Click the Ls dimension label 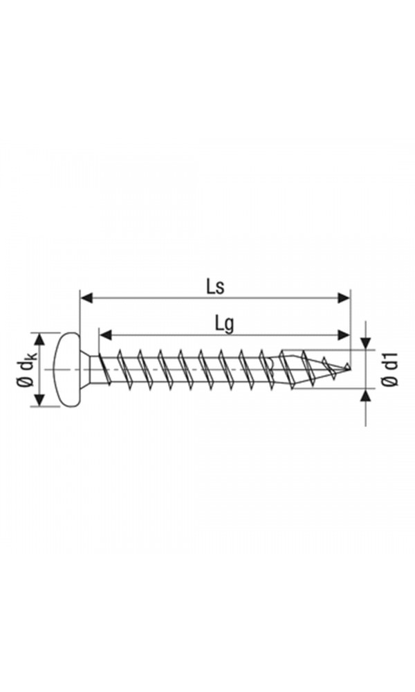tap(214, 286)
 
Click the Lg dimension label tap(223, 322)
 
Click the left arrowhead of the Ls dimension tap(86, 298)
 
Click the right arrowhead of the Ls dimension tap(344, 298)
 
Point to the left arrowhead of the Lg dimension tap(105, 335)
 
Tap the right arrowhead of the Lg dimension tap(344, 335)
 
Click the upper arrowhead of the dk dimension tap(39, 338)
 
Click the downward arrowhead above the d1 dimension tap(366, 343)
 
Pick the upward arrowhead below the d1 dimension tap(366, 395)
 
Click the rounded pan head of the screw tap(66, 369)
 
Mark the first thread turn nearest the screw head tap(104, 368)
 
